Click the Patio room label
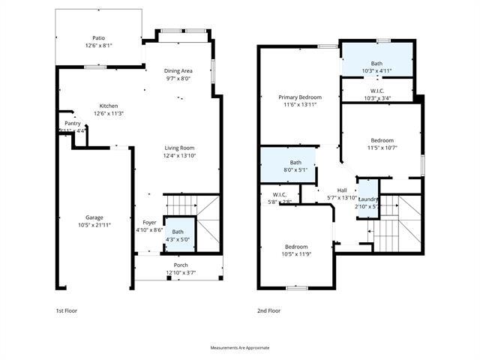click(x=98, y=37)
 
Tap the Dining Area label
click(x=178, y=70)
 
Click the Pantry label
click(x=72, y=123)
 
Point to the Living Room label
click(x=179, y=148)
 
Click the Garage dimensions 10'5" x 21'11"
click(x=94, y=224)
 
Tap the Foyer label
click(x=149, y=223)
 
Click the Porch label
click(x=181, y=265)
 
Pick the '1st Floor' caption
click(x=67, y=310)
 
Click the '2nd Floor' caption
click(x=269, y=310)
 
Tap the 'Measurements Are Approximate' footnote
click(x=240, y=347)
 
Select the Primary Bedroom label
click(x=300, y=97)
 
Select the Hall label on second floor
click(x=342, y=190)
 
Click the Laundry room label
click(x=367, y=199)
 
